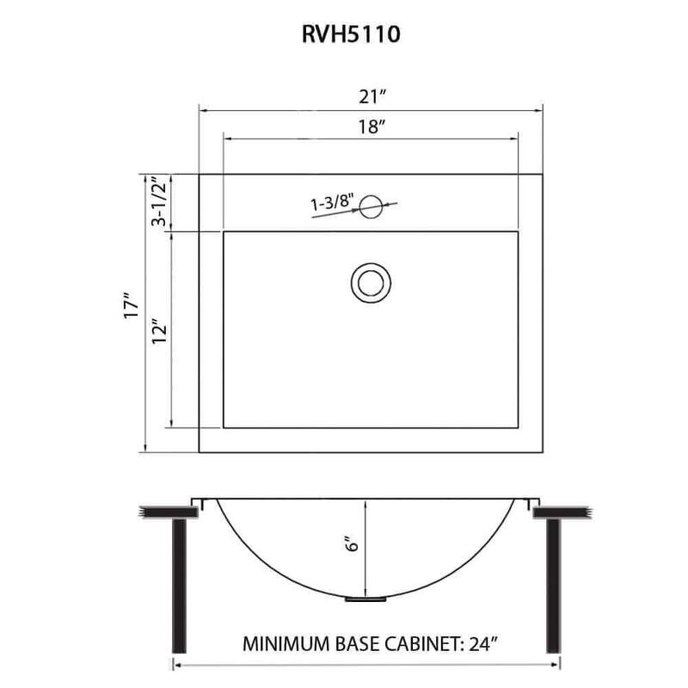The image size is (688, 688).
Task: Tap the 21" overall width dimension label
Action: (x=370, y=96)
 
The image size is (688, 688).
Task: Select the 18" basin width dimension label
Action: (x=370, y=127)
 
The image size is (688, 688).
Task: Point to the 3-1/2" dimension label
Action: (x=158, y=202)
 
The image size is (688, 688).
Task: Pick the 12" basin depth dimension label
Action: (x=158, y=330)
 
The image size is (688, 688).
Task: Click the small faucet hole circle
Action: (x=371, y=206)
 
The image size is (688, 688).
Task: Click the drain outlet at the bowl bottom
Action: (x=366, y=598)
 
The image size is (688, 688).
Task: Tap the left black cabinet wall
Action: (x=180, y=585)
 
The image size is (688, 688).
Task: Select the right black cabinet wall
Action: (x=555, y=585)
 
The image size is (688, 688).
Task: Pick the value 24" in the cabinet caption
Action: (x=478, y=643)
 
